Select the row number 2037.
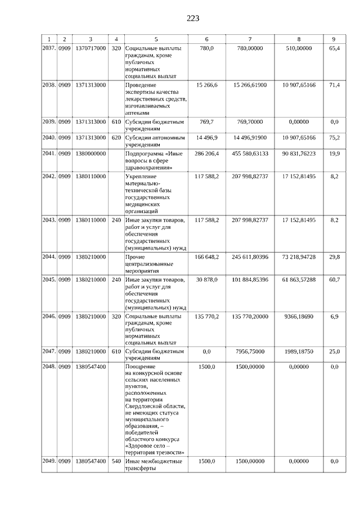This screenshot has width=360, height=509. click(49, 49)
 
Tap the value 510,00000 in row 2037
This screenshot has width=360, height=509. click(299, 49)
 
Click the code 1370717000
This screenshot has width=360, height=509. click(90, 49)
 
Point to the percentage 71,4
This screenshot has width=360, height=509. click(334, 85)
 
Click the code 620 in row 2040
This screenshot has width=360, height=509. click(116, 137)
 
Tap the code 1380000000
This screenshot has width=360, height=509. click(90, 153)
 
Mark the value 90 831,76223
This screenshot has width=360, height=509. click(299, 153)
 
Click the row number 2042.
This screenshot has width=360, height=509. click(49, 177)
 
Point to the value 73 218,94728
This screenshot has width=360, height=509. click(299, 256)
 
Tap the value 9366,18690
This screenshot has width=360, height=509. click(299, 317)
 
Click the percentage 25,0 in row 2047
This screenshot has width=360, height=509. click(334, 352)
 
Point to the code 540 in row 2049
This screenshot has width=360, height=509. click(116, 461)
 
